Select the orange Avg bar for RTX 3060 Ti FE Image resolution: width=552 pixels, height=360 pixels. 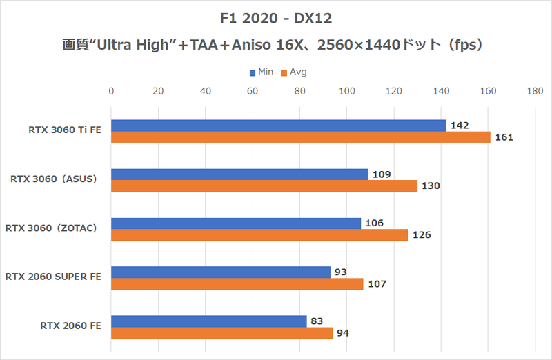tap(300, 137)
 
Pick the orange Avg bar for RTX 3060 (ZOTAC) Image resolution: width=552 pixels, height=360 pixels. tap(259, 235)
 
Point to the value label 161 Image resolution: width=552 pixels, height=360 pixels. tap(504, 137)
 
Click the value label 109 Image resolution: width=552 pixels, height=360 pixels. tap(382, 174)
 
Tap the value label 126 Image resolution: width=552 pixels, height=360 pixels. tap(422, 235)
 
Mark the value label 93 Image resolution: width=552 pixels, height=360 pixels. tap(341, 272)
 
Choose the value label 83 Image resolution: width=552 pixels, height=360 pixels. tap(317, 321)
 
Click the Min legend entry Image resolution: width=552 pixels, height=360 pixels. tap(259, 72)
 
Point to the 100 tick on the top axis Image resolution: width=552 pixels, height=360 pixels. tap(347, 90)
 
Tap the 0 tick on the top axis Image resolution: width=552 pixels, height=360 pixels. tap(112, 90)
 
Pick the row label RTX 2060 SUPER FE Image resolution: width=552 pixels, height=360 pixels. tap(53, 277)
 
